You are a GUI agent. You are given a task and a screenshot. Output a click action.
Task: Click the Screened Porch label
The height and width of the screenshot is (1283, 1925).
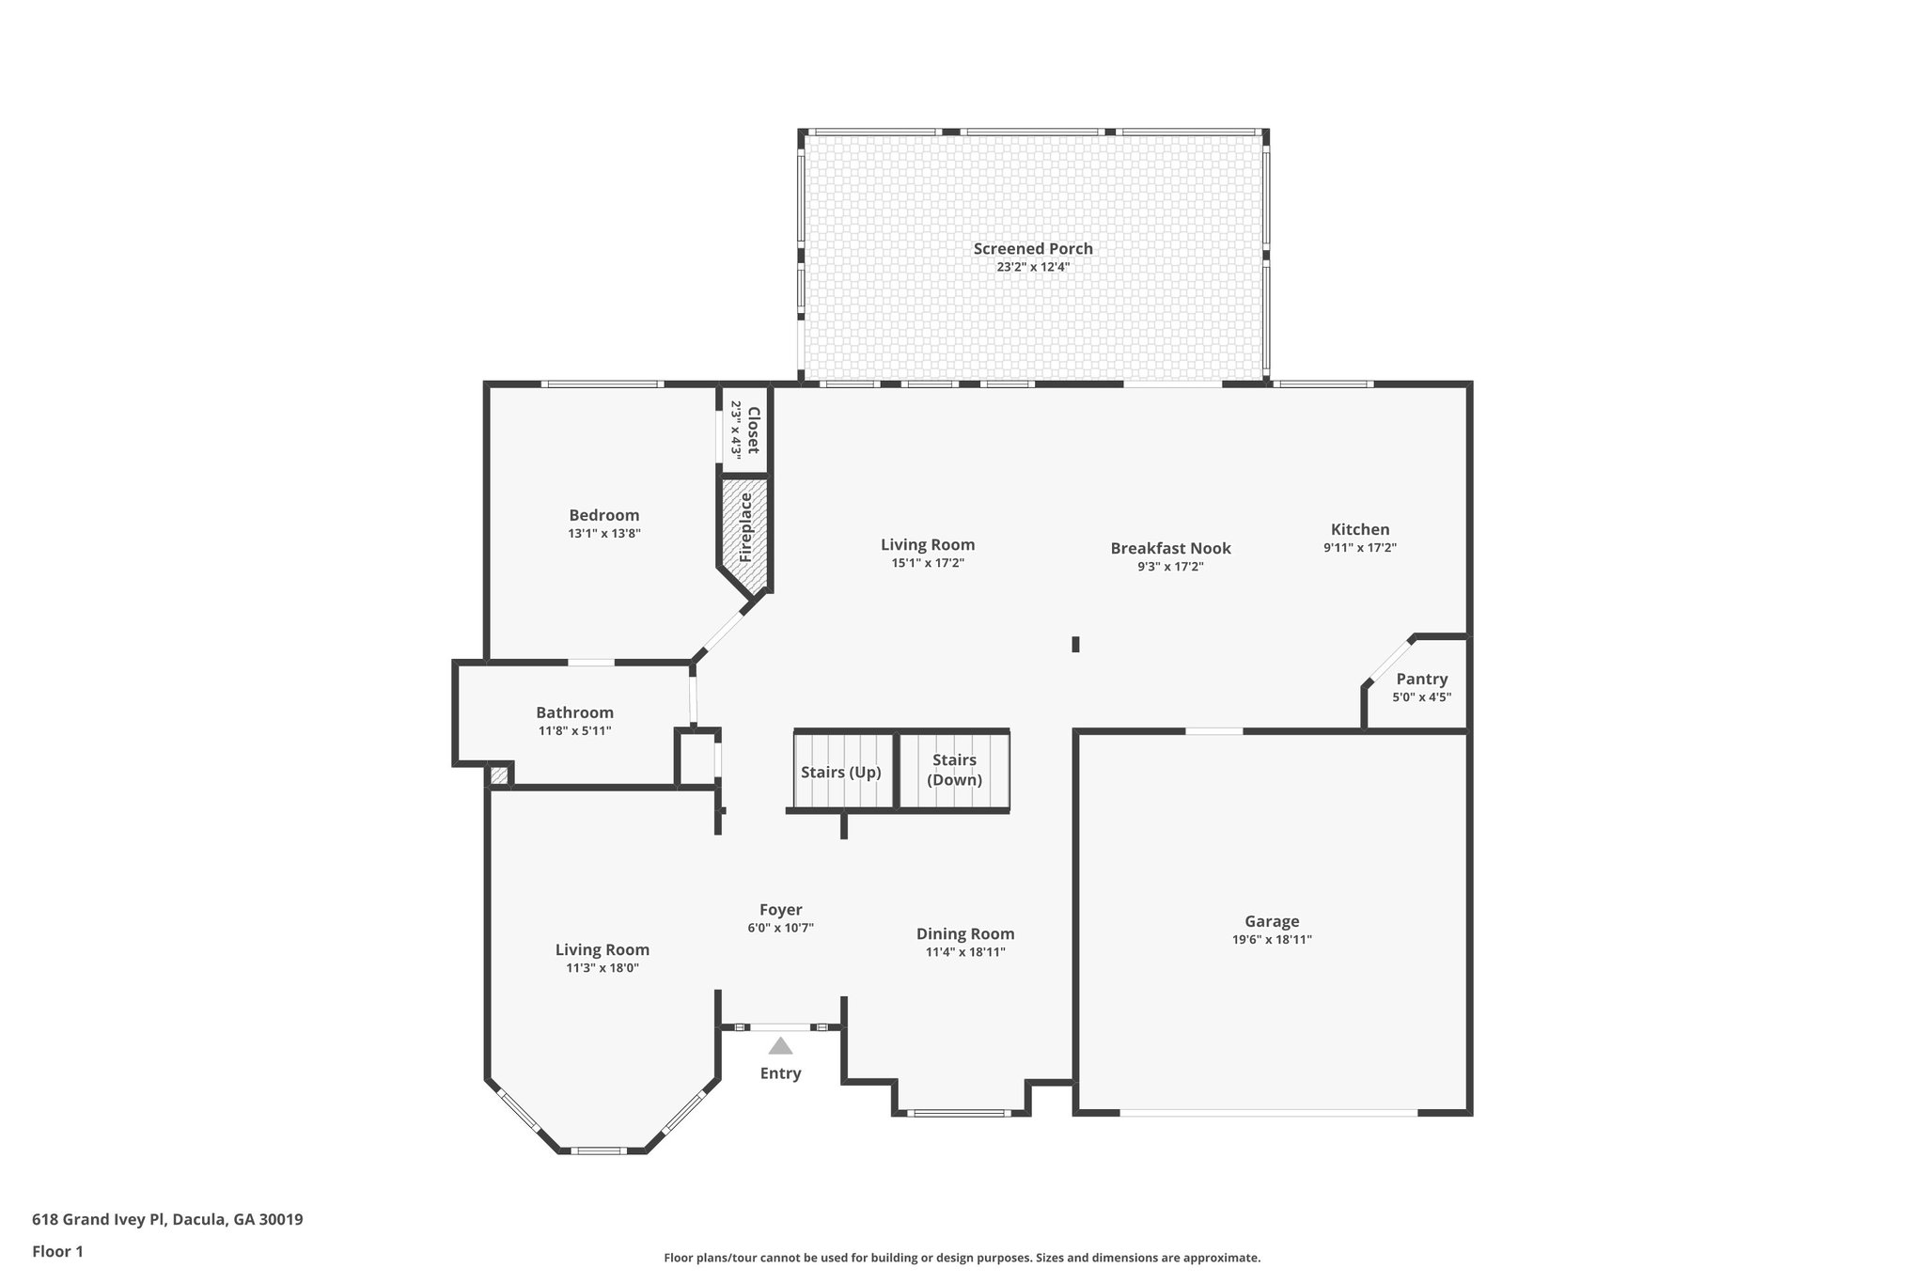tap(1033, 249)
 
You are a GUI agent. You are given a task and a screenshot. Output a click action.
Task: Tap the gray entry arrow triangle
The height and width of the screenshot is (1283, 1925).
tap(780, 1046)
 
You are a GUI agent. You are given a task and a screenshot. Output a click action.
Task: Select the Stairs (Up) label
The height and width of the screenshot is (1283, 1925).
tap(840, 773)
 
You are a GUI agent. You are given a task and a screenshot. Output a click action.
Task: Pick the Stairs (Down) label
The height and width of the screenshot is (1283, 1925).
tap(954, 770)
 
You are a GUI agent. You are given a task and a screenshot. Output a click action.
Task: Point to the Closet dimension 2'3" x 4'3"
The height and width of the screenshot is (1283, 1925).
tap(737, 430)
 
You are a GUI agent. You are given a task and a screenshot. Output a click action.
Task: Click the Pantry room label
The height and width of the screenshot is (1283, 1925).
tap(1421, 679)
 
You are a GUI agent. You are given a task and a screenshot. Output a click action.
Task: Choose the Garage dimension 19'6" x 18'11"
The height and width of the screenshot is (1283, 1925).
tap(1272, 939)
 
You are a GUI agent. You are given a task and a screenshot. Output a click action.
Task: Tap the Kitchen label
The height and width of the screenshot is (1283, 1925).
tap(1359, 529)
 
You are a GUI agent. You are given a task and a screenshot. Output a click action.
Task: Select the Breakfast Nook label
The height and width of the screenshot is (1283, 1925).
tap(1170, 548)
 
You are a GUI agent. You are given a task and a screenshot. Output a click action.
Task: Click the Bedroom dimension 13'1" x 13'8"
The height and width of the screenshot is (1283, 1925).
tap(603, 533)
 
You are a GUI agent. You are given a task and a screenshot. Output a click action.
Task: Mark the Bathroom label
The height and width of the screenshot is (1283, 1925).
tap(574, 712)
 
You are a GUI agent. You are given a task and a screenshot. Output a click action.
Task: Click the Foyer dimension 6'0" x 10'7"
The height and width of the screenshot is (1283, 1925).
tap(780, 928)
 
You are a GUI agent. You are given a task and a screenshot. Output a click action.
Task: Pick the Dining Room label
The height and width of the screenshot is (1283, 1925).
tap(965, 933)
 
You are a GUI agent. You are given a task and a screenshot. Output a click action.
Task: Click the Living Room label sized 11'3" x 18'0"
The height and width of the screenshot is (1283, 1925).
tap(602, 949)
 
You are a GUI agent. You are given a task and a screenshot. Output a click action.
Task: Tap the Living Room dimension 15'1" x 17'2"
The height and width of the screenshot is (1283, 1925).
tap(928, 563)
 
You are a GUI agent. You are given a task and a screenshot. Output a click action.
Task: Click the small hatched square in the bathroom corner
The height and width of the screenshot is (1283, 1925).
tap(499, 775)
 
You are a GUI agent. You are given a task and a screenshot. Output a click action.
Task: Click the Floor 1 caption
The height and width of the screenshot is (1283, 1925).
tap(57, 1251)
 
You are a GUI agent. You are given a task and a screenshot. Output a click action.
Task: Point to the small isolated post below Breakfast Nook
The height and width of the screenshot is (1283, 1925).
tap(1075, 644)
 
